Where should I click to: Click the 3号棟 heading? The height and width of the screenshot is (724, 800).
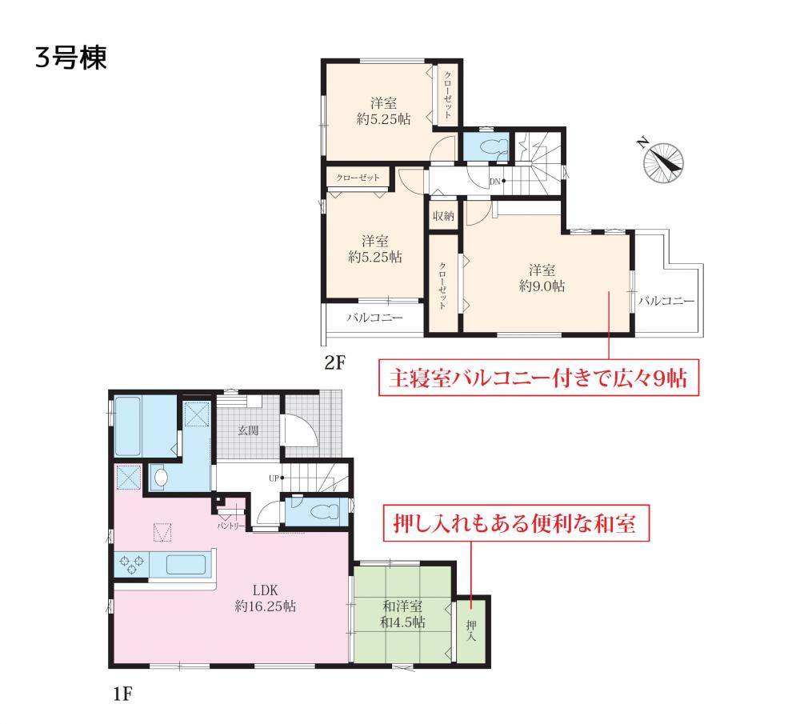[71, 57]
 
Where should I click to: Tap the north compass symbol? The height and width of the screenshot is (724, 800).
[662, 160]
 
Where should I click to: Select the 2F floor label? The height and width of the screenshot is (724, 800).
[335, 362]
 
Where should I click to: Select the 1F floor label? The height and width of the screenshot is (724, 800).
[122, 694]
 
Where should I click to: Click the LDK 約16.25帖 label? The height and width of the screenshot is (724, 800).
[266, 598]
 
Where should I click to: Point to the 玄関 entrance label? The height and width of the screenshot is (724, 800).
[249, 430]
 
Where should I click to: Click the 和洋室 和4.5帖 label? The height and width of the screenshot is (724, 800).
[402, 614]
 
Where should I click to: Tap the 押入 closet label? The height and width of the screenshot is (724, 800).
[471, 631]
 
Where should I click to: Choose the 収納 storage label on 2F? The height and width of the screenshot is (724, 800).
[443, 216]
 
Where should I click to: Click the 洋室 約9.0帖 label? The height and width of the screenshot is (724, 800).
[542, 278]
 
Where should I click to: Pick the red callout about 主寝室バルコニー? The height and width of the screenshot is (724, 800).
[538, 378]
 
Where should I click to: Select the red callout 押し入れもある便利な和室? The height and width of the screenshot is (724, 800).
[516, 523]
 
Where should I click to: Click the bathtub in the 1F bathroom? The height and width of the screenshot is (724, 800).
[127, 426]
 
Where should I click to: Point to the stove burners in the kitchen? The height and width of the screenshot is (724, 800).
[131, 565]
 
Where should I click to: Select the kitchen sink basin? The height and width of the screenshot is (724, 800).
[186, 565]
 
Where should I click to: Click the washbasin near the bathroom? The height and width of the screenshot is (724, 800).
[161, 478]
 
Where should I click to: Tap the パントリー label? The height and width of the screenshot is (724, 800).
[231, 526]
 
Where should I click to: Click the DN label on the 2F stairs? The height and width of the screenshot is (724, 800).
[494, 181]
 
